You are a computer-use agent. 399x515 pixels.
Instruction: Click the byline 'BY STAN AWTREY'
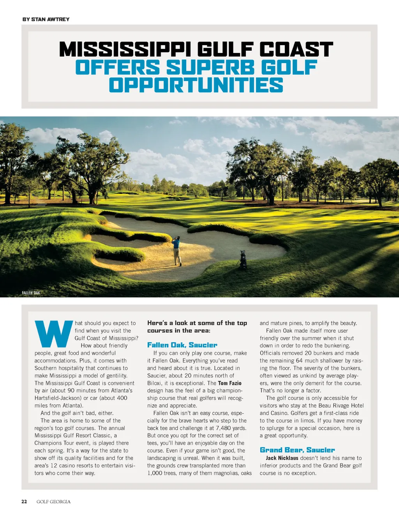click(46, 19)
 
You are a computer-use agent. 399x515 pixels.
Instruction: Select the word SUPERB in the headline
click(210, 67)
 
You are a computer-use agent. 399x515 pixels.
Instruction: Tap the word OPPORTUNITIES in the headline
click(196, 85)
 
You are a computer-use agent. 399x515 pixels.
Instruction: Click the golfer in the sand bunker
click(177, 251)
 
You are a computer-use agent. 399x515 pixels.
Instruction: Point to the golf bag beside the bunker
click(243, 260)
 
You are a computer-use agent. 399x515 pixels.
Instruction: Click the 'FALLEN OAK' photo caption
click(31, 293)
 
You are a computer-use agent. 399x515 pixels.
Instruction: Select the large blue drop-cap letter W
click(54, 334)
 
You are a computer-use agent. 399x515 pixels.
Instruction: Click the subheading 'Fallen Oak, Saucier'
click(182, 345)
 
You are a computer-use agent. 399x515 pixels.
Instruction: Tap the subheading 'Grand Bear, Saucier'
click(297, 450)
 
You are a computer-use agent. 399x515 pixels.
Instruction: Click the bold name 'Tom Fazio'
click(230, 383)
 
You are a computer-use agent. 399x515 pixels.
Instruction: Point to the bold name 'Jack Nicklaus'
click(282, 458)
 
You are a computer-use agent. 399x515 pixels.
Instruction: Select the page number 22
click(24, 501)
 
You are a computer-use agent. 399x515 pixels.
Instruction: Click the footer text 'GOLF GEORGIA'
click(53, 501)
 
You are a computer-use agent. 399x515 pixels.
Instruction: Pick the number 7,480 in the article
click(223, 428)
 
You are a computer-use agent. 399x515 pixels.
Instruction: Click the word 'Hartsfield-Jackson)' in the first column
click(58, 398)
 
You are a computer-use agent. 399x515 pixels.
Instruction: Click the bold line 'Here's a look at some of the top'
click(197, 323)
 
